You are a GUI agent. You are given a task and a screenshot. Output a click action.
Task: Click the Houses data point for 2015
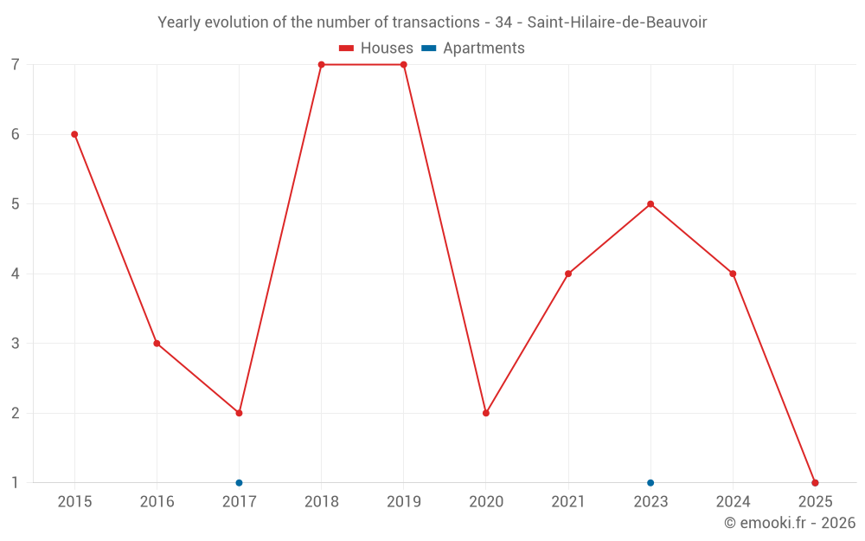pos(74,134)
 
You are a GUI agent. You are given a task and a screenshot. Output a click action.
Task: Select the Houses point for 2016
pos(157,344)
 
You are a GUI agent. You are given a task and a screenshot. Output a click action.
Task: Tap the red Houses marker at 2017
pos(239,413)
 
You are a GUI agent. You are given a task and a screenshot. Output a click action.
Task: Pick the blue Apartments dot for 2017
pos(239,483)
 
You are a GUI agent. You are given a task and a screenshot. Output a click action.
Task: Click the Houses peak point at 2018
pos(321,65)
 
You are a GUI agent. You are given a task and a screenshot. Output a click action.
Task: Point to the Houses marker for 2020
pos(486,413)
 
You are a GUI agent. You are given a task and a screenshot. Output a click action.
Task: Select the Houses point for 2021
pos(568,274)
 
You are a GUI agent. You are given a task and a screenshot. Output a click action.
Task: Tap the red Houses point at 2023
pos(650,204)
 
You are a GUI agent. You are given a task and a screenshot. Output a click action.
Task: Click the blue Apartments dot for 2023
pos(650,483)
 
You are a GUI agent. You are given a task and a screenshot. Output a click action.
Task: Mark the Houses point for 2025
pos(815,483)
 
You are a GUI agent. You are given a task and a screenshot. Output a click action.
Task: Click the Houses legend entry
pos(376,48)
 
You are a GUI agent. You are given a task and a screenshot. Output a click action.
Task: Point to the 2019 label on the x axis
pos(403,502)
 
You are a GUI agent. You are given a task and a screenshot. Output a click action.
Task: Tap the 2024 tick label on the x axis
pos(733,502)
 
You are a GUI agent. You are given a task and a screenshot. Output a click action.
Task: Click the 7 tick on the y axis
pos(16,65)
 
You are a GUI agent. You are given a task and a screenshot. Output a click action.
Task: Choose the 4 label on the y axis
pos(16,274)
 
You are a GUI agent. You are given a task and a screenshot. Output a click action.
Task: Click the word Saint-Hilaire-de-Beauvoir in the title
pos(617,23)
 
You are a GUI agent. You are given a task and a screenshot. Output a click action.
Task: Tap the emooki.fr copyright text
pos(790,523)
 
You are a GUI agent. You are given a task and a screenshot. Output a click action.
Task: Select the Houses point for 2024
pos(733,274)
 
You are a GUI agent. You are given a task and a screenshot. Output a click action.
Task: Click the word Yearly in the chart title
pos(178,23)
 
